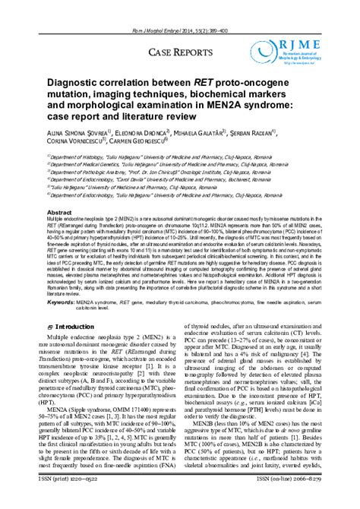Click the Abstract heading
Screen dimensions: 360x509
point(60,213)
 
